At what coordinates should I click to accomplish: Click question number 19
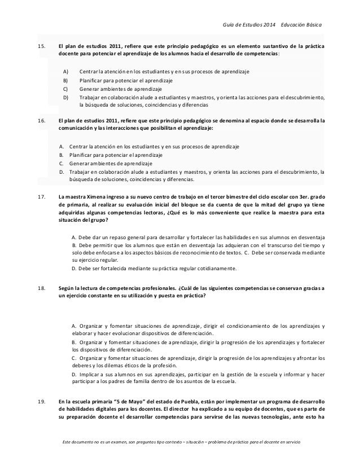(40, 385)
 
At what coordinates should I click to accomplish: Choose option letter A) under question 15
(65, 72)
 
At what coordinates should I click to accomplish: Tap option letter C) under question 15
(65, 89)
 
